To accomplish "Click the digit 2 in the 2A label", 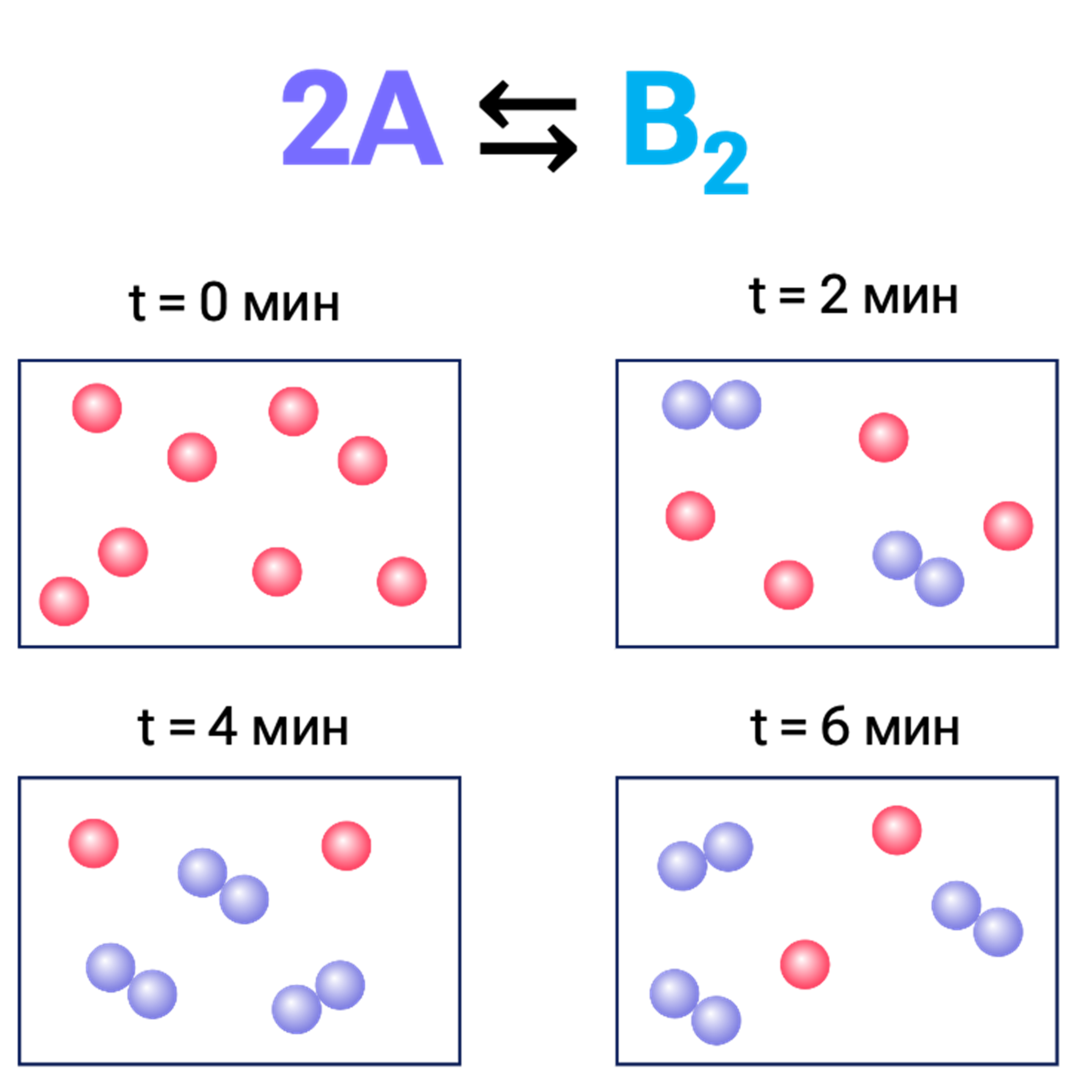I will click(x=315, y=117).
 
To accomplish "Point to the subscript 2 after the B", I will click(x=725, y=162).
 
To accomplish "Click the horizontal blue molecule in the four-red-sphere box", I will click(x=712, y=405).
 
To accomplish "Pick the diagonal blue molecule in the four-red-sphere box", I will click(x=918, y=569).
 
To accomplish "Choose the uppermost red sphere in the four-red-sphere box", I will click(x=884, y=438).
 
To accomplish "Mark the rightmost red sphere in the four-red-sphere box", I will click(x=1008, y=526).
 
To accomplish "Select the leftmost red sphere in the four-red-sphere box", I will click(x=690, y=516).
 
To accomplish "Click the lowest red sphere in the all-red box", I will click(x=64, y=601).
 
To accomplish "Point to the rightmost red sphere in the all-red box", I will click(x=401, y=581).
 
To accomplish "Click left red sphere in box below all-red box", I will click(x=93, y=844).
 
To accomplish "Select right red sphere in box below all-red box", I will click(x=346, y=846).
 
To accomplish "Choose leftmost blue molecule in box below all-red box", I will click(x=131, y=981).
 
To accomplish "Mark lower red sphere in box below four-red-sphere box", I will click(x=805, y=964).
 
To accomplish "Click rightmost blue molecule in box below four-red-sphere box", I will click(x=977, y=919).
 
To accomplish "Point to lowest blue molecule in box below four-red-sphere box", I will click(x=695, y=1007).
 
